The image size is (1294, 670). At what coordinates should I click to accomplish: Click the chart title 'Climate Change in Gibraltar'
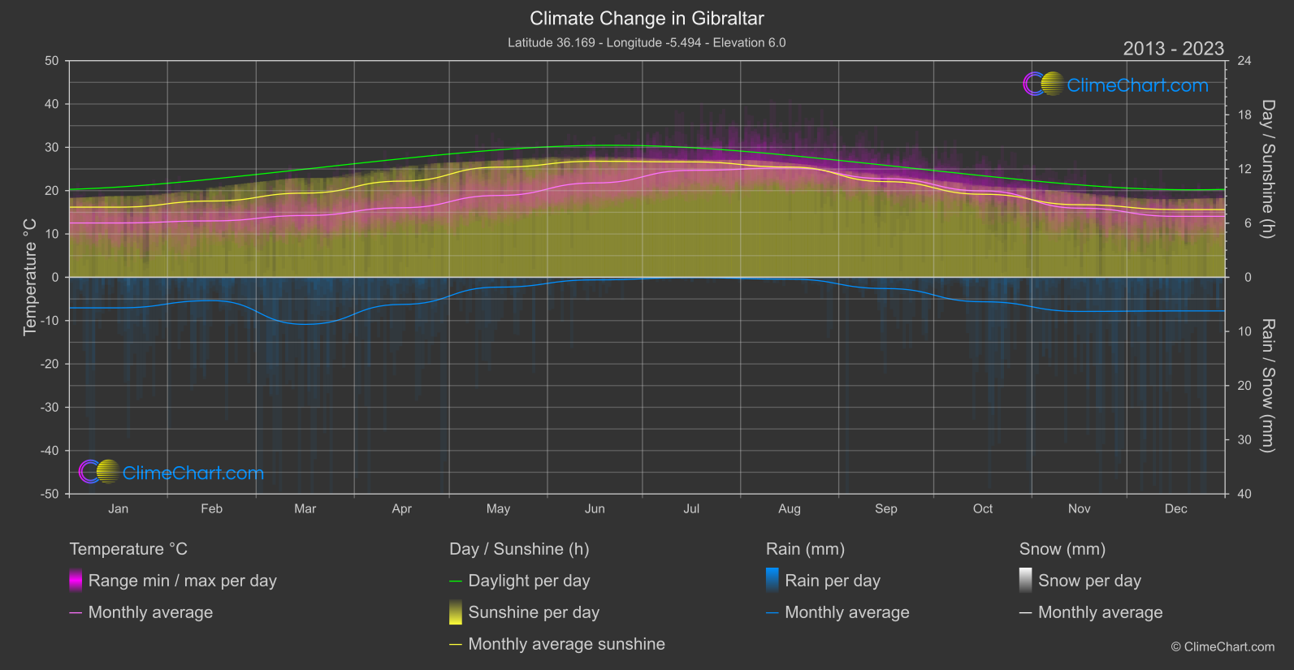[x=647, y=18]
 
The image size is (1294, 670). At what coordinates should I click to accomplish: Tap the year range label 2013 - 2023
[x=1173, y=49]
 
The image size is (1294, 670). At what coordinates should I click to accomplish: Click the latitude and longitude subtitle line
[x=647, y=42]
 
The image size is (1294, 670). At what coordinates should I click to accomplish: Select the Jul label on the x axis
[x=691, y=508]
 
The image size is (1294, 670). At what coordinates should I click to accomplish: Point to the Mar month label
[x=305, y=508]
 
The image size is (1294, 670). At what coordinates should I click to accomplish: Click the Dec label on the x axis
[x=1175, y=508]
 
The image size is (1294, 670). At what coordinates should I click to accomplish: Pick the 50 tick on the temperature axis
[x=52, y=61]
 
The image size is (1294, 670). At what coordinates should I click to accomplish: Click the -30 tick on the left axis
[x=50, y=407]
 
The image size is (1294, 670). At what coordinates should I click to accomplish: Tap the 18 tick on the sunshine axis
[x=1244, y=115]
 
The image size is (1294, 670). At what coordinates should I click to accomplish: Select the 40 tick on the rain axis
[x=1244, y=494]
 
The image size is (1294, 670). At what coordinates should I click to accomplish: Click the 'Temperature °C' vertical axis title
[x=30, y=276]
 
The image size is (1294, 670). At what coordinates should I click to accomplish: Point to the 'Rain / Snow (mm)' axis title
[x=1267, y=385]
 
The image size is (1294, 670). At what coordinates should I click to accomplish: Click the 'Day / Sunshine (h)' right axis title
[x=1267, y=169]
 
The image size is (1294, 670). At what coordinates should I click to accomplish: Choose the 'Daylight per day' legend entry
[x=529, y=581]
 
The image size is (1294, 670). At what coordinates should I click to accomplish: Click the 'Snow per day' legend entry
[x=1089, y=581]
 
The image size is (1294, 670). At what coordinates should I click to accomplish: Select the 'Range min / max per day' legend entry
[x=182, y=581]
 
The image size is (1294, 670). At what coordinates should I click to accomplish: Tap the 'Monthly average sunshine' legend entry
[x=566, y=644]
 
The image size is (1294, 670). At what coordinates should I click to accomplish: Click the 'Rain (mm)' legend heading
[x=805, y=549]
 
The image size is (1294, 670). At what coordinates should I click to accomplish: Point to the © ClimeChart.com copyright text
[x=1223, y=646]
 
